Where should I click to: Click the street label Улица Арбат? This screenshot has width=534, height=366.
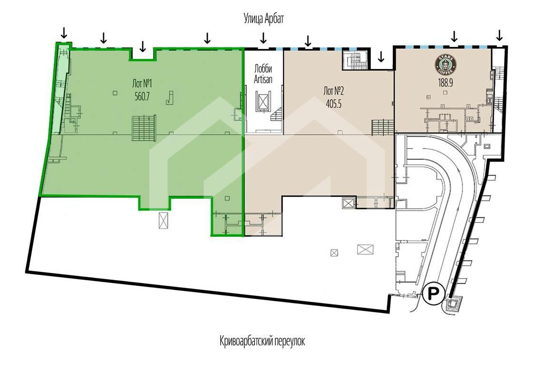(263, 19)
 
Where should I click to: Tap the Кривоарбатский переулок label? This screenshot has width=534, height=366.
(262, 341)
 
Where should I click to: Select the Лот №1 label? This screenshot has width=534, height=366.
(142, 83)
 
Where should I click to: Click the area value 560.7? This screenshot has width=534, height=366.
(142, 96)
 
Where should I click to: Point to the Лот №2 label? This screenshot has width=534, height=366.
(333, 91)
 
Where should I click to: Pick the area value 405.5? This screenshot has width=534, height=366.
(333, 104)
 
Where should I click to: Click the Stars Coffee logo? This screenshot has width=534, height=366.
(445, 65)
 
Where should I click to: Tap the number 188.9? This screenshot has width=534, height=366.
(445, 83)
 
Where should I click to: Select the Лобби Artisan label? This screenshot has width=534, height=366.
(263, 74)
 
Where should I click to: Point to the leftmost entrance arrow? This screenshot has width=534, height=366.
(64, 33)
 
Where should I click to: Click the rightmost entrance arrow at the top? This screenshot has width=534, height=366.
(499, 35)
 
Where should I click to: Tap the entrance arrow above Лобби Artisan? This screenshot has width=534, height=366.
(263, 38)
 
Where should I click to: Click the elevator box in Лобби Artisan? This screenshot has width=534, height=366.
(263, 102)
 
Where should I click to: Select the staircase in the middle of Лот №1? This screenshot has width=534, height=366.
(144, 128)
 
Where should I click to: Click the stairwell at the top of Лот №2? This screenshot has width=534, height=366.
(355, 60)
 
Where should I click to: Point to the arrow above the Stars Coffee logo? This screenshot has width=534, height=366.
(454, 36)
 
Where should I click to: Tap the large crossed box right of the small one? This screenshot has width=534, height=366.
(365, 250)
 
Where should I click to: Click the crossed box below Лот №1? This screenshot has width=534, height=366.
(164, 220)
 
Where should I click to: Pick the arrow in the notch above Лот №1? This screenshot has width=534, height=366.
(143, 46)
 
